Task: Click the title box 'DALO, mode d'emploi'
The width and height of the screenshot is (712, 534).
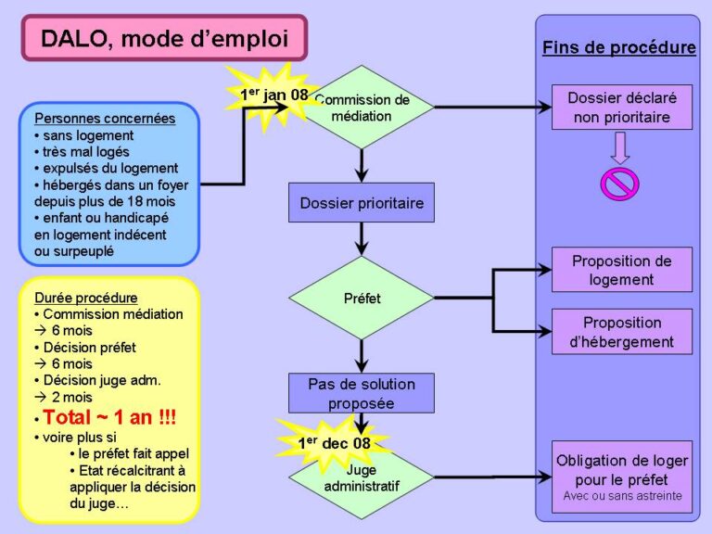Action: [x=164, y=38]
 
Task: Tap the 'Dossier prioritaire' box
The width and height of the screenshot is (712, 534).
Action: [x=362, y=203]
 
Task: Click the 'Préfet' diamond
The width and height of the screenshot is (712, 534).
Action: [x=362, y=299]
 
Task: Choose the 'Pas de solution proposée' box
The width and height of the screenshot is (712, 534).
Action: [x=362, y=393]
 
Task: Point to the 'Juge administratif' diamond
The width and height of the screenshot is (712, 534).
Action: [x=362, y=478]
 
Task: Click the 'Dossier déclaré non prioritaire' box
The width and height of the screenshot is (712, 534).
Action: [x=622, y=108]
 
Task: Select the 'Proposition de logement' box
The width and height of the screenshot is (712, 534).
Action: [x=622, y=270]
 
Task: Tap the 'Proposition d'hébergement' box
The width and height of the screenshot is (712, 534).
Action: [x=622, y=332]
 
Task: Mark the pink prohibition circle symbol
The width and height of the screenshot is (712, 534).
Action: [x=619, y=182]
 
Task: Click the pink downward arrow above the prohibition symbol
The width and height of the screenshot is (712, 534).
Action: [x=619, y=147]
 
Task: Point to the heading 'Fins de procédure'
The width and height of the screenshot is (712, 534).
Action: [x=618, y=47]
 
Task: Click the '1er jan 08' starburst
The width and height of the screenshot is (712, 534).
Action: [x=273, y=95]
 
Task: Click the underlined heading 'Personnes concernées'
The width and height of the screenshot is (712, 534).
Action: [x=104, y=119]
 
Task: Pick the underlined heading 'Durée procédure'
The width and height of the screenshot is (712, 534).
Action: [x=85, y=298]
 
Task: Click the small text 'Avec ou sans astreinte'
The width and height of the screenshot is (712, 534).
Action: [x=622, y=497]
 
